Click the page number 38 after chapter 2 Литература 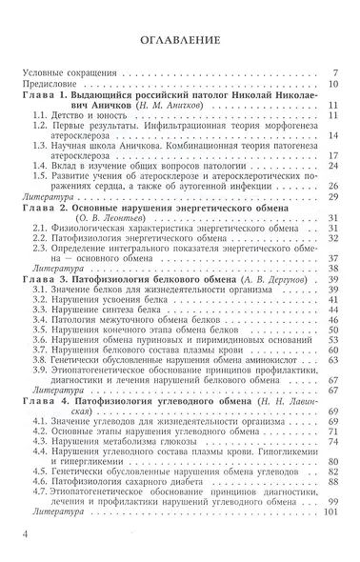(335, 270)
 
